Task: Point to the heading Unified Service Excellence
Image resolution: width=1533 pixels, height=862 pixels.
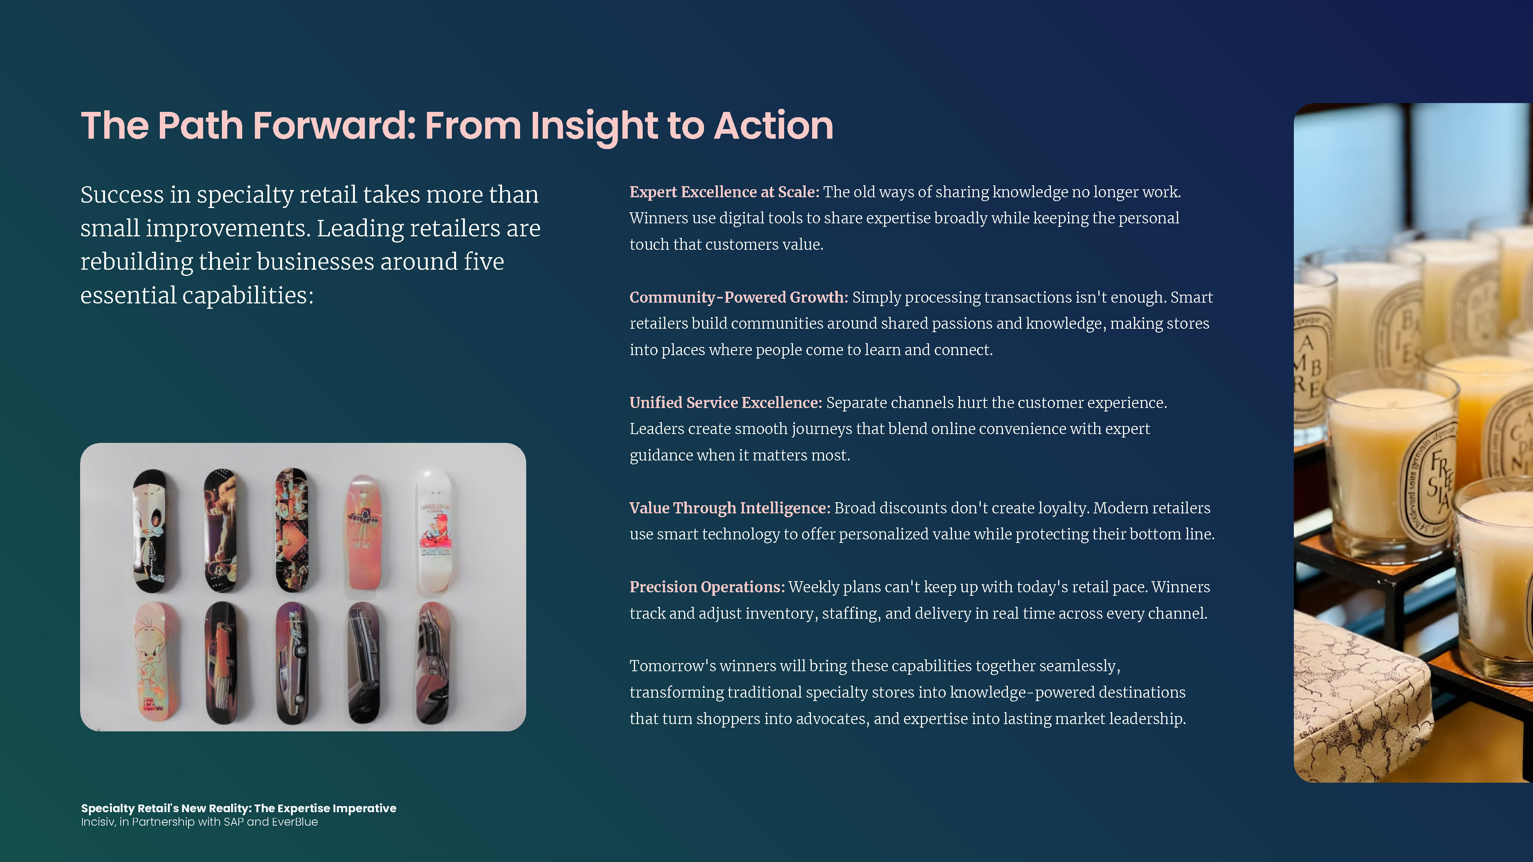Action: click(x=725, y=403)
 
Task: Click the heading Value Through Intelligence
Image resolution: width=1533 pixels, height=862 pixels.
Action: click(x=730, y=508)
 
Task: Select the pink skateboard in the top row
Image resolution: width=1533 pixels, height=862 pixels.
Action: click(x=364, y=531)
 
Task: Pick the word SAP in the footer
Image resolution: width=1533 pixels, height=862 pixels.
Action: click(x=233, y=822)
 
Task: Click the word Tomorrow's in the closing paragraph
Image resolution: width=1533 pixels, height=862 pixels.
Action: click(x=673, y=666)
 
